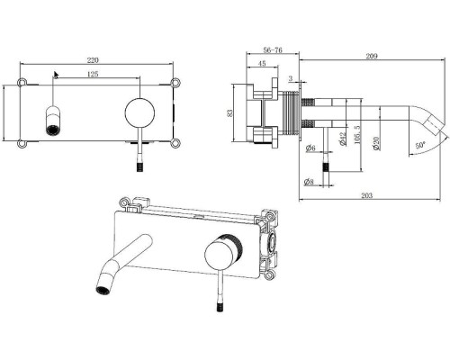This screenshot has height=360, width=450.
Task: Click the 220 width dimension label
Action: pos(93,60)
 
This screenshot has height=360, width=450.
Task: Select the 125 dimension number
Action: pos(93,74)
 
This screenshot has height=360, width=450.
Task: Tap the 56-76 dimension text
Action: pos(273,50)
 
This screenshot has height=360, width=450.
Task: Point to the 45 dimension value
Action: pos(262,63)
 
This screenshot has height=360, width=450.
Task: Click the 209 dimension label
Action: pos(372,56)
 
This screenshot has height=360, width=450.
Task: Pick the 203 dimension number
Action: pos(366,195)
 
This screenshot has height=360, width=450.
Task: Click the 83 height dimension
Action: pos(229,112)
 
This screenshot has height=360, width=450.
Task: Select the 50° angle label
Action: pos(420,145)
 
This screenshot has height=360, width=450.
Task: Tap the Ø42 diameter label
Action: pos(343,139)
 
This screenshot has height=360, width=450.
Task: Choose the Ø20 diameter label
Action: pos(376,143)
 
